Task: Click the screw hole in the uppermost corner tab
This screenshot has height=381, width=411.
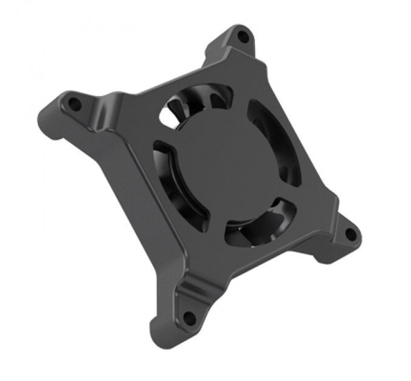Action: pos(243,37)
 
